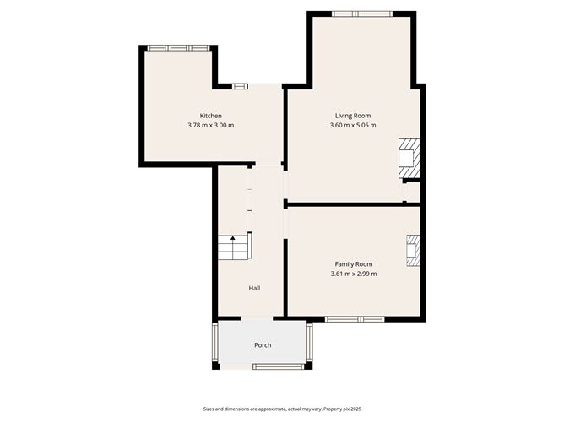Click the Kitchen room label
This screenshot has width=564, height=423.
point(210,116)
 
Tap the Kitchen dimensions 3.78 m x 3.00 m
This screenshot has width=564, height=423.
point(210,126)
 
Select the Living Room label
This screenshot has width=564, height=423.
point(353,116)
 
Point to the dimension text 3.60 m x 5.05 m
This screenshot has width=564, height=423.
point(353,126)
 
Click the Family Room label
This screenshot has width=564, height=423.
point(354,264)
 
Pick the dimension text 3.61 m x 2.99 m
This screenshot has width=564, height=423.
point(354,274)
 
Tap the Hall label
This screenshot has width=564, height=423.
point(254,288)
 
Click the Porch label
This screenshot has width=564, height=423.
point(263,345)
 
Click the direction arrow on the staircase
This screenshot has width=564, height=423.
point(232,240)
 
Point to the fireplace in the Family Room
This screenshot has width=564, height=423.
point(413,251)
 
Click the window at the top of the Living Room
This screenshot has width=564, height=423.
point(361,14)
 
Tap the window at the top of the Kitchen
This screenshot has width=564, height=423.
point(177,48)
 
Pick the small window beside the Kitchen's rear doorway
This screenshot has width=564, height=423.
point(240,85)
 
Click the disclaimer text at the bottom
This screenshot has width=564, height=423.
point(281,408)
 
